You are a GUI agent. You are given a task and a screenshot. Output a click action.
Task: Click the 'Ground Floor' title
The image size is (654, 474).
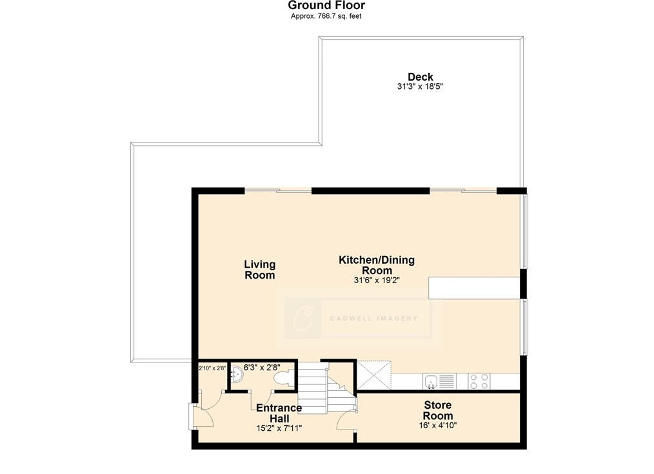(326, 5)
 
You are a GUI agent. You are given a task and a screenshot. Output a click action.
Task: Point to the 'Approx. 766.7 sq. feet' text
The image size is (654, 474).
(326, 16)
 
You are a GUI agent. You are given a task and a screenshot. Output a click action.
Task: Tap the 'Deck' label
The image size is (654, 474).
(420, 77)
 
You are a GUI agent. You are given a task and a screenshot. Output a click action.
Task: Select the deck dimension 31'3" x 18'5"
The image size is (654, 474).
(420, 86)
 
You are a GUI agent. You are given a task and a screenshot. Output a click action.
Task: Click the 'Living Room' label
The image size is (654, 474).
(259, 270)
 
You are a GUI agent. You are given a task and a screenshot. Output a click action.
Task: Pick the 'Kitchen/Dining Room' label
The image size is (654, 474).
(377, 265)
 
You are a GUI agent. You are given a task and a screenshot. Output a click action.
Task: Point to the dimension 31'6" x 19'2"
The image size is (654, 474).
(377, 280)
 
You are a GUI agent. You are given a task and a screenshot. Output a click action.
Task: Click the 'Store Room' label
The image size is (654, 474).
(437, 410)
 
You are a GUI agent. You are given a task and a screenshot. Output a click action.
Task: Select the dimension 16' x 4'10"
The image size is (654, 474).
(437, 425)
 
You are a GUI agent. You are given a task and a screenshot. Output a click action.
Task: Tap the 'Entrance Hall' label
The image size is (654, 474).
(279, 413)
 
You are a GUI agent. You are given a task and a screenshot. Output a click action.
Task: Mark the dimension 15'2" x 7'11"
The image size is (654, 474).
(279, 428)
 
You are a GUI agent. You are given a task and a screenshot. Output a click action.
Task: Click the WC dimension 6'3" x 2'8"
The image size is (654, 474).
(262, 368)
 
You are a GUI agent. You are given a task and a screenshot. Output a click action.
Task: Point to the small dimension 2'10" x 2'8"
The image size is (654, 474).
(212, 368)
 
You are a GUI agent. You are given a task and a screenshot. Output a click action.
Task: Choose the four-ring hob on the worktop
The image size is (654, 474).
(479, 381)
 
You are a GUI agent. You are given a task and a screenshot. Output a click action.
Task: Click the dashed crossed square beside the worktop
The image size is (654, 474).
(374, 375)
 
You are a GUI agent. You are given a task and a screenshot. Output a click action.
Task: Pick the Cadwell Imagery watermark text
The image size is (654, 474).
(373, 319)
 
